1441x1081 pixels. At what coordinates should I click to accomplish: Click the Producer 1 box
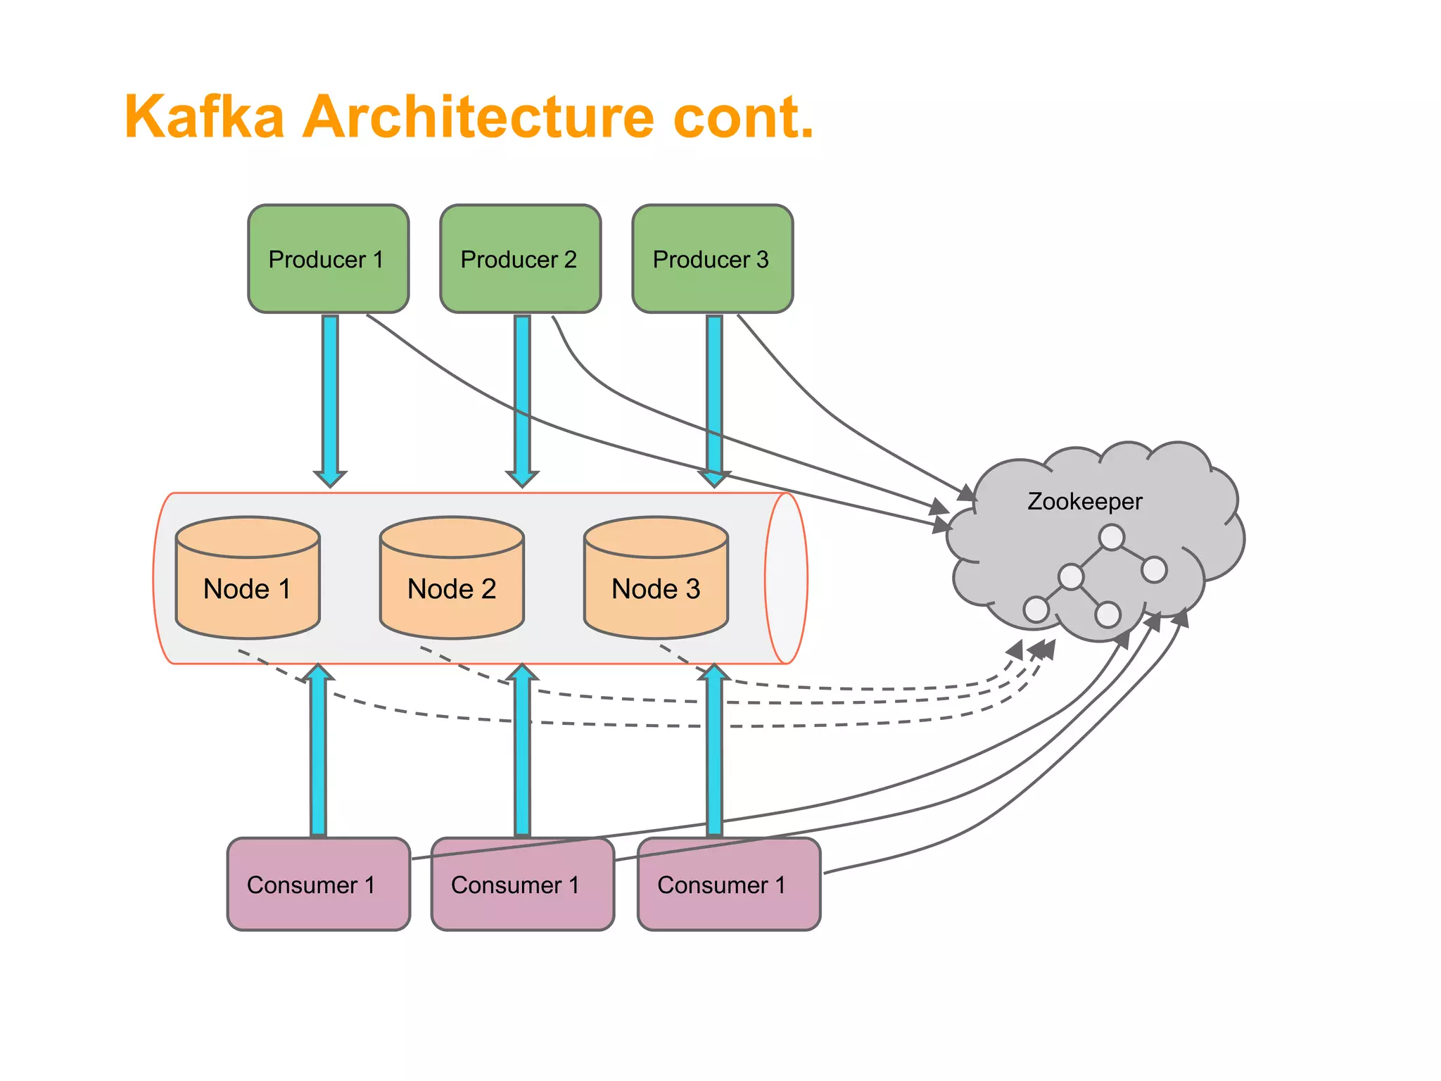pyautogui.click(x=328, y=259)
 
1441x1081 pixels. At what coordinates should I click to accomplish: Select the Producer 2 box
pyautogui.click(x=520, y=259)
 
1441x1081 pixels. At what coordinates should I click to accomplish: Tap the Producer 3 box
pyautogui.click(x=712, y=259)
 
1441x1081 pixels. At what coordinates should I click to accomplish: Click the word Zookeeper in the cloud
pyautogui.click(x=1084, y=501)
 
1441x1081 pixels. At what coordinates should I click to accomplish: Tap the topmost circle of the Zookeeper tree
pyautogui.click(x=1111, y=538)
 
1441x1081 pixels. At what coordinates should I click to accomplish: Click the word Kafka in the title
pyautogui.click(x=205, y=117)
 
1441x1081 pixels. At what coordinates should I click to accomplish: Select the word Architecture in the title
pyautogui.click(x=478, y=117)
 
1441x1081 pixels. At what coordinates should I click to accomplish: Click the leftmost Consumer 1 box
pyautogui.click(x=318, y=884)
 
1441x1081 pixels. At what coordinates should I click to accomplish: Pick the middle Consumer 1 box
pyautogui.click(x=522, y=884)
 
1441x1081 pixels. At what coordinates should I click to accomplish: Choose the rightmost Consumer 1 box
pyautogui.click(x=729, y=884)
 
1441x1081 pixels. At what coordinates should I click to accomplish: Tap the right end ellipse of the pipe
pyautogui.click(x=787, y=579)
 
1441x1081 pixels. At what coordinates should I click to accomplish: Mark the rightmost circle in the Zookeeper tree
pyautogui.click(x=1154, y=569)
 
